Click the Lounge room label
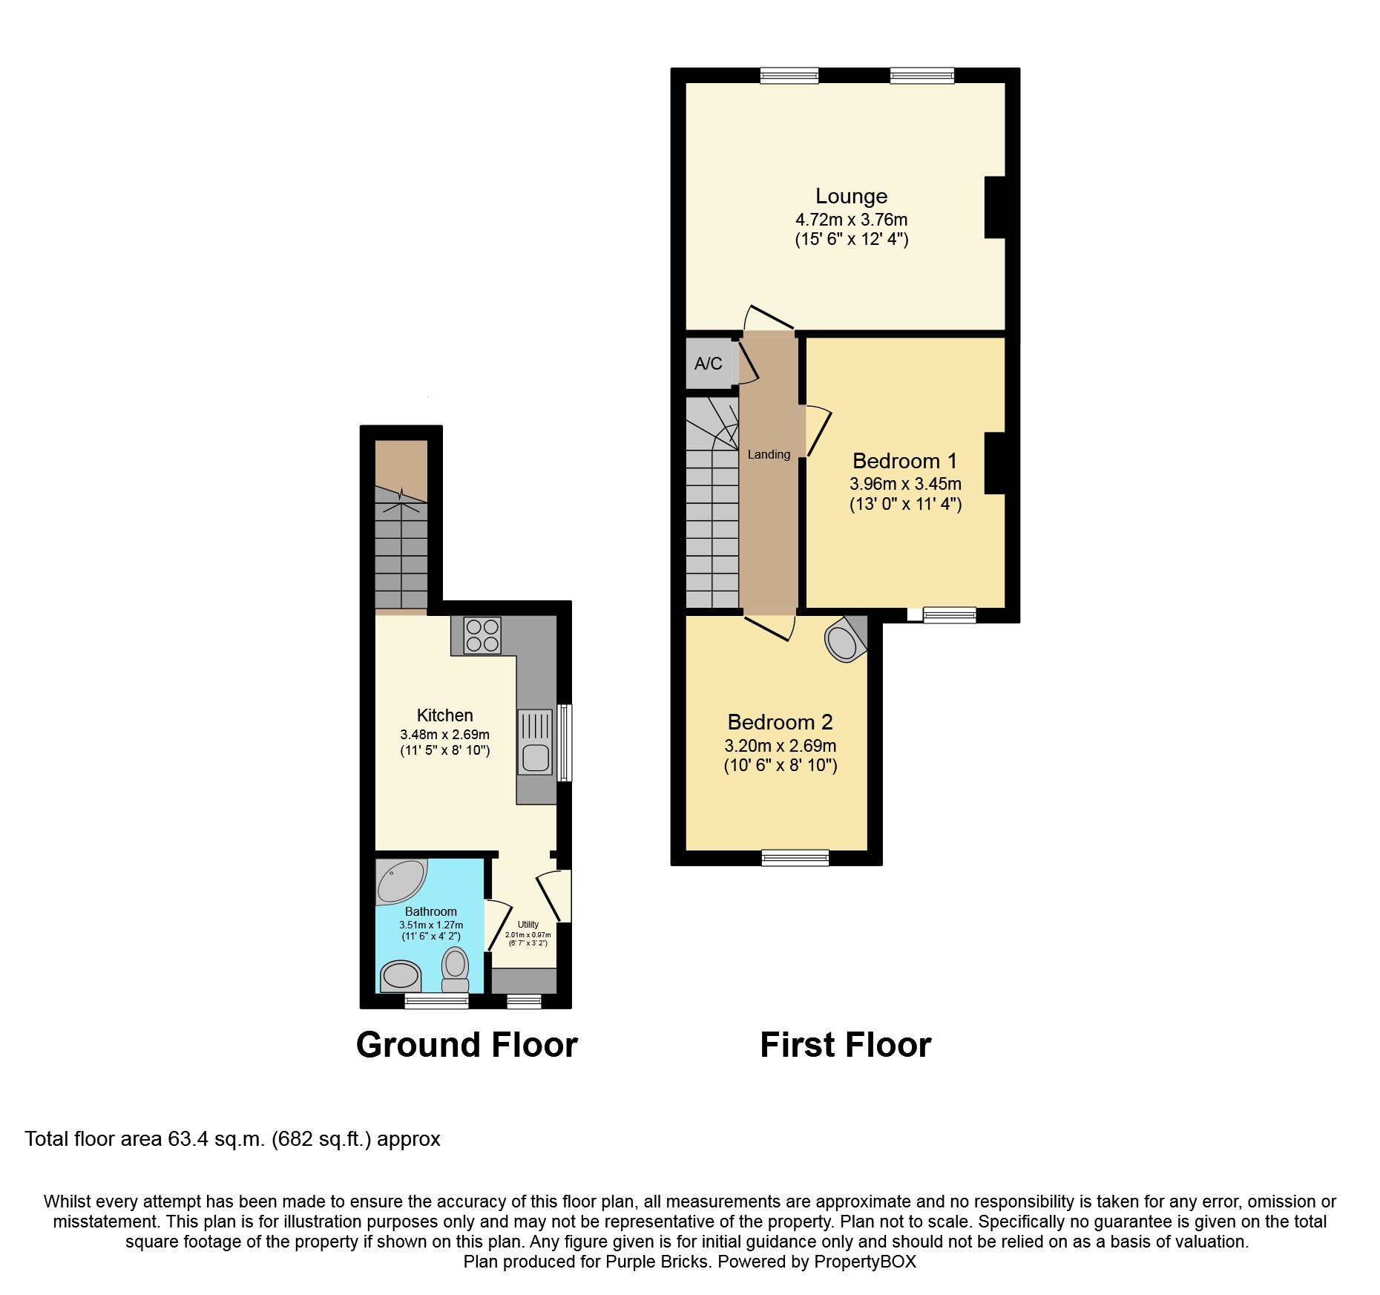click(851, 196)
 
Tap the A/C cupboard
click(709, 364)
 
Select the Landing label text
click(769, 454)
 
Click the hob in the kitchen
click(482, 636)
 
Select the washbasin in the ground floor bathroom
click(401, 976)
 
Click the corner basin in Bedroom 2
click(844, 643)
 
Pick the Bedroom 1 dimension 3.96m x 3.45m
click(905, 484)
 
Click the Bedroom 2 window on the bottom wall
click(795, 858)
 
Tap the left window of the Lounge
click(789, 75)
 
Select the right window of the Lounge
click(921, 75)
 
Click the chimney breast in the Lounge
click(995, 207)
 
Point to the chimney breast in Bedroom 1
click(995, 463)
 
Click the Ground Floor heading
click(467, 1045)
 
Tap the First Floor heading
click(845, 1045)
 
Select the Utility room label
click(528, 925)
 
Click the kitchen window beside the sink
click(565, 743)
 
